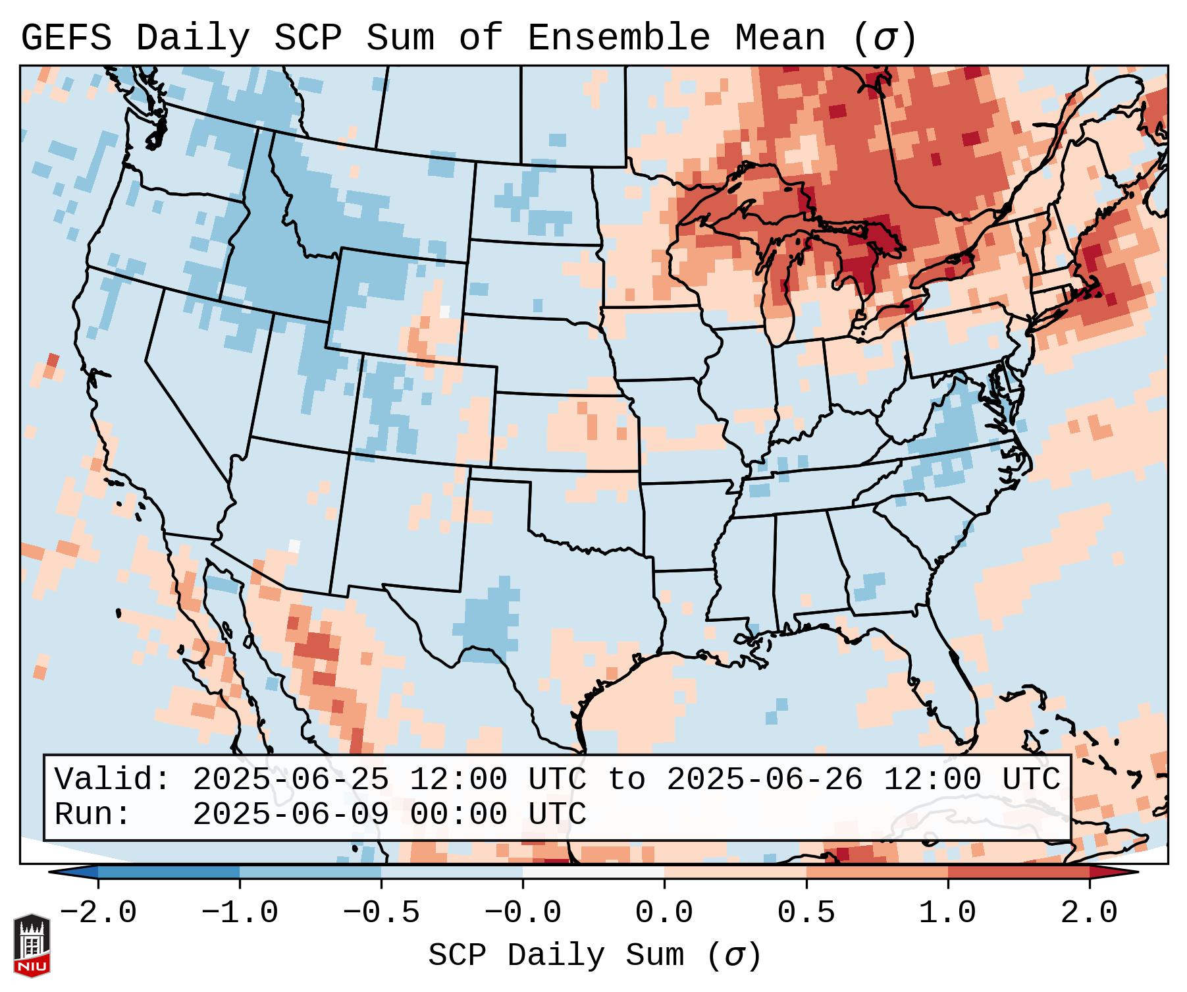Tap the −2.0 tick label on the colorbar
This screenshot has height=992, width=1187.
[98, 913]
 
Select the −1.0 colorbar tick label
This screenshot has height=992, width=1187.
[240, 913]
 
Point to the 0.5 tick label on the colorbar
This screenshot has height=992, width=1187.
[806, 913]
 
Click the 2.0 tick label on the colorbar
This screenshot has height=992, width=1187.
[1089, 913]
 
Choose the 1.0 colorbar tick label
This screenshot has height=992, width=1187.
[947, 913]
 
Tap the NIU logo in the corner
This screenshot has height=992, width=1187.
[32, 945]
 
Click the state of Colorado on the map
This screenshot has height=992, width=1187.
[421, 408]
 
